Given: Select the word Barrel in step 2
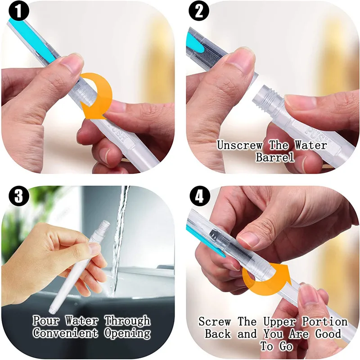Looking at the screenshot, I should (x=274, y=157).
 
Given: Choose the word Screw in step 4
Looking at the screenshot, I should (x=215, y=322).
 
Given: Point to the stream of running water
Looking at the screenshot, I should (x=120, y=234).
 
